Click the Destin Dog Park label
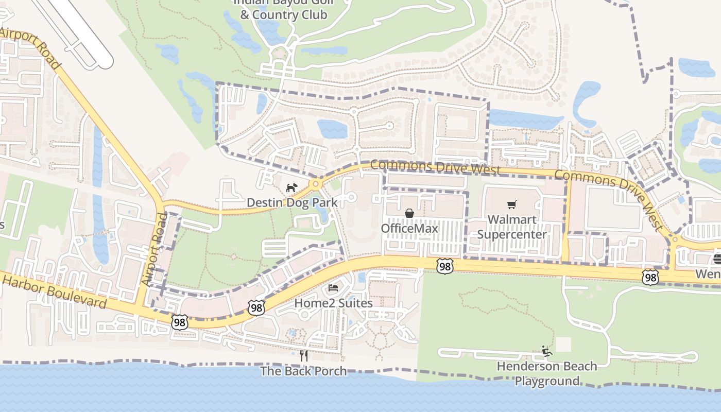(x=292, y=202)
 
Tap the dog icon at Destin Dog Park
(x=291, y=187)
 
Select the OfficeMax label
(x=409, y=228)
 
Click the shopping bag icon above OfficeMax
(x=409, y=213)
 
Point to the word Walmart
(x=511, y=219)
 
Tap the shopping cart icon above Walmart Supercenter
(x=511, y=205)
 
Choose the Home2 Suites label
(x=333, y=303)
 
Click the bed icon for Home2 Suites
(x=333, y=287)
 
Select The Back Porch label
(x=303, y=371)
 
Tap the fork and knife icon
(x=304, y=355)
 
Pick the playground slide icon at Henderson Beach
(x=546, y=352)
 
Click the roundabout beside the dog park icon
(x=315, y=184)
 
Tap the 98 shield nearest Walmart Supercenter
(x=445, y=266)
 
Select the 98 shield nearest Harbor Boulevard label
(x=179, y=322)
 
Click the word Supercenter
(x=511, y=235)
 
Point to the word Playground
(x=547, y=381)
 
